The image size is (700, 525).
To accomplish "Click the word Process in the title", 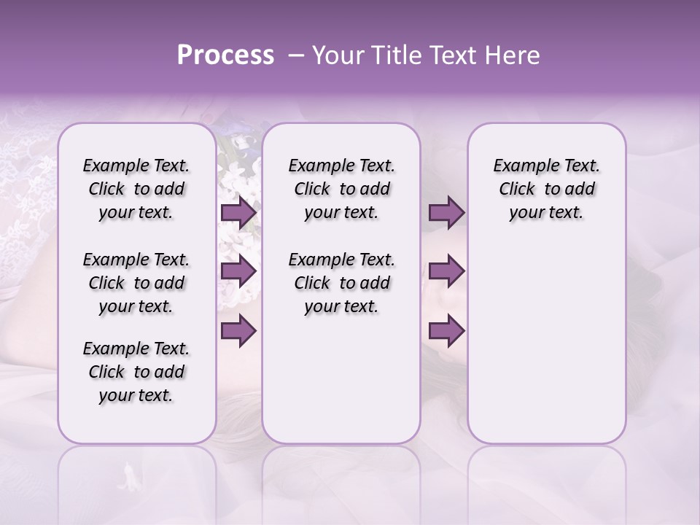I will click(x=225, y=55).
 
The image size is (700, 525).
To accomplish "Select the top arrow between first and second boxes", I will click(x=238, y=213).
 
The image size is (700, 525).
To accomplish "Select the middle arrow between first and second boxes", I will click(x=238, y=271).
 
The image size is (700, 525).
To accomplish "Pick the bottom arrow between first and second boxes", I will click(x=238, y=330).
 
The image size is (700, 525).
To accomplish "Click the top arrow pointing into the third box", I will click(x=446, y=213).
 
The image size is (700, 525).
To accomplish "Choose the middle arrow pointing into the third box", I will click(x=446, y=271).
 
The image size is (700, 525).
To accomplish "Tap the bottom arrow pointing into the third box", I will click(x=446, y=330).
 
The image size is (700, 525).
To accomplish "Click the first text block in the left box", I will click(x=136, y=189).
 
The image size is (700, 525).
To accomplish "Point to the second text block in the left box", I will click(x=136, y=283).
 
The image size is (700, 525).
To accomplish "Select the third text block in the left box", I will click(x=136, y=372).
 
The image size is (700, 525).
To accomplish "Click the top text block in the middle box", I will click(x=341, y=189).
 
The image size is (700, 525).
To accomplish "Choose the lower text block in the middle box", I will click(x=341, y=283).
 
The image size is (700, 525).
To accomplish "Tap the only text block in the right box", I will click(x=546, y=189).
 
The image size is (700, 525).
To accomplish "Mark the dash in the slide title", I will click(x=296, y=55).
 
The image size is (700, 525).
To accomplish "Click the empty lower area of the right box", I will click(x=546, y=350).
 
